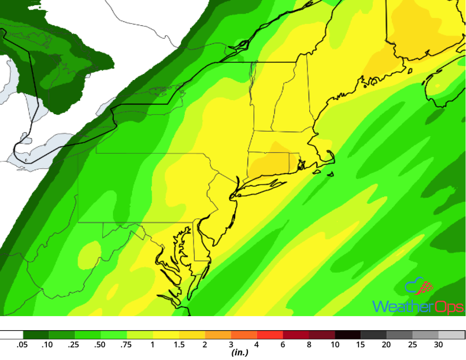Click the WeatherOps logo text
(417, 306)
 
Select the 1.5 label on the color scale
(179, 345)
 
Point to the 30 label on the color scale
(438, 345)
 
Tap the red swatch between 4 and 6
(270, 334)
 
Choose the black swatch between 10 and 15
(348, 334)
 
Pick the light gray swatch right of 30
(452, 334)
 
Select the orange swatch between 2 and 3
(218, 334)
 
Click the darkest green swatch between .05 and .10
(36, 334)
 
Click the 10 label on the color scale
(335, 345)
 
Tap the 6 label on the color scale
(283, 345)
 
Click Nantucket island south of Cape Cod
(330, 174)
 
